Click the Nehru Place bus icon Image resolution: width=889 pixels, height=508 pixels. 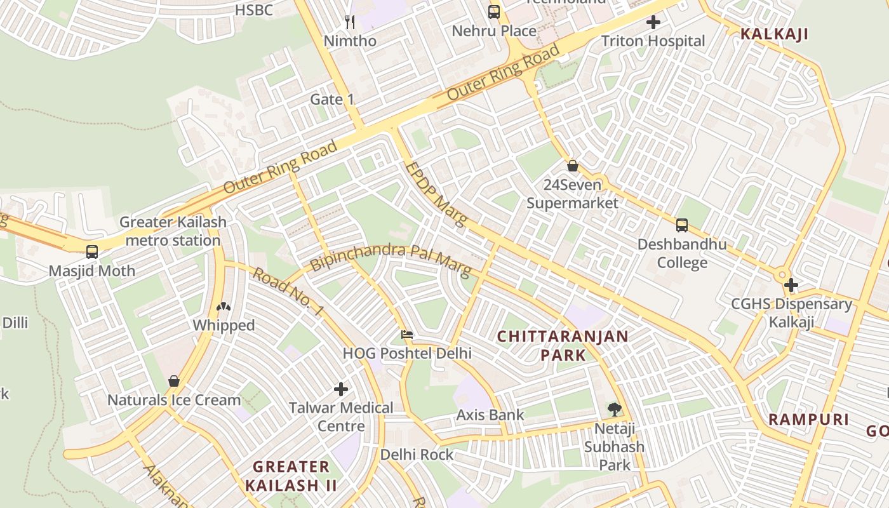[x=493, y=11]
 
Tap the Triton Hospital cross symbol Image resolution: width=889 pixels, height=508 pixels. [x=653, y=23]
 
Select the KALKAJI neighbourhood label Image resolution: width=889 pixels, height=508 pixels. [x=774, y=34]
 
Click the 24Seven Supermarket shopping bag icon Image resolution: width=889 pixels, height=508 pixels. [x=573, y=166]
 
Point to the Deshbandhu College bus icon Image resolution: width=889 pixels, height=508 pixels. [x=681, y=225]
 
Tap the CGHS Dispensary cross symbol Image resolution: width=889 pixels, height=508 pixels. [x=791, y=285]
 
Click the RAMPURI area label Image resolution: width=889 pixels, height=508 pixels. [x=808, y=419]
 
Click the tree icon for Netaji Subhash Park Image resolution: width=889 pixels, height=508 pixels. [x=614, y=410]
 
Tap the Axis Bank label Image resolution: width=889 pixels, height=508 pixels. [x=490, y=415]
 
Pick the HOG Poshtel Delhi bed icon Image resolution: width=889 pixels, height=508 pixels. [x=407, y=334]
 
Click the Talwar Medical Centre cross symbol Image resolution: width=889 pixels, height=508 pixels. [x=341, y=389]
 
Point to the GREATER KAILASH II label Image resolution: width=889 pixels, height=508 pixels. [x=290, y=476]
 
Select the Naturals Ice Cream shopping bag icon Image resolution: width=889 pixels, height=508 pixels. [x=173, y=381]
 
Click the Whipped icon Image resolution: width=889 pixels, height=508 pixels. [x=224, y=307]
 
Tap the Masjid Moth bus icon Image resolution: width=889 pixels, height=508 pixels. [x=92, y=252]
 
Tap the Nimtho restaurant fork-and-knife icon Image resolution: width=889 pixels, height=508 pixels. [x=350, y=22]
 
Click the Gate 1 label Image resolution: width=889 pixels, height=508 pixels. [x=331, y=100]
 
